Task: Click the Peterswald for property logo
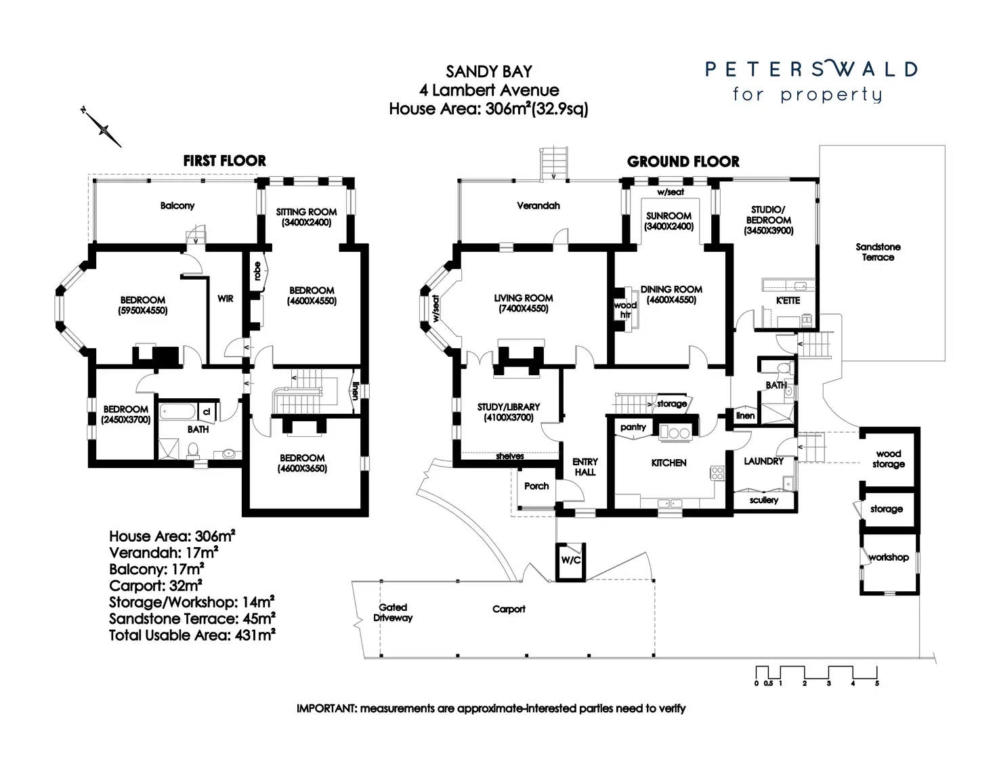(811, 81)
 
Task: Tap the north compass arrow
(104, 128)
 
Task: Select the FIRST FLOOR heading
(224, 161)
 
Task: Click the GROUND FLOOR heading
(683, 162)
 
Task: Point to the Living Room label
(523, 303)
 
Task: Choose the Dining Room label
(671, 294)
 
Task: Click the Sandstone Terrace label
(878, 252)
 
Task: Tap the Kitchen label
(669, 463)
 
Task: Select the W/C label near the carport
(570, 560)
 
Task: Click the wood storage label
(888, 458)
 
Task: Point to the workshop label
(888, 557)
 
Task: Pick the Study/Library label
(509, 412)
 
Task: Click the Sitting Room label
(306, 217)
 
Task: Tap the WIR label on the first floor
(226, 298)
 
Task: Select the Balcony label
(177, 205)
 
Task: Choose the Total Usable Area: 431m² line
(192, 635)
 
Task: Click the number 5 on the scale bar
(876, 683)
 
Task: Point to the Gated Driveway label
(393, 612)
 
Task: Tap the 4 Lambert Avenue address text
(489, 90)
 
